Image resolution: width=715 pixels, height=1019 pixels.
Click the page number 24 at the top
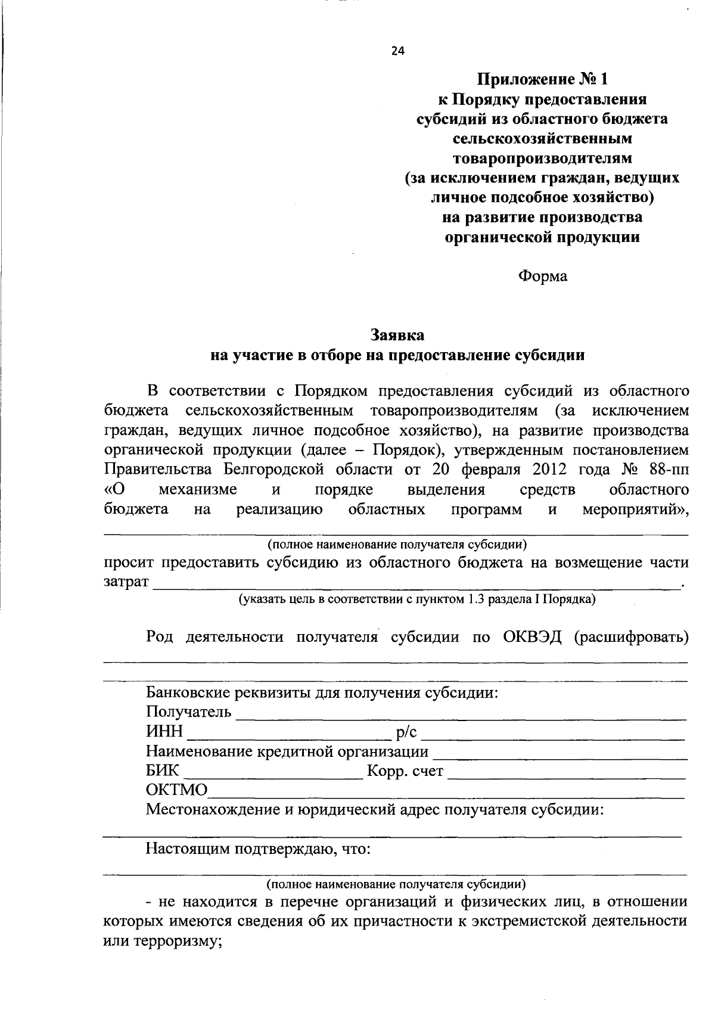point(397,51)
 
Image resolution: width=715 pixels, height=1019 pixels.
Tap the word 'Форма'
point(542,276)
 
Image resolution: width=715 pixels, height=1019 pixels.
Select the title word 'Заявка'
point(397,334)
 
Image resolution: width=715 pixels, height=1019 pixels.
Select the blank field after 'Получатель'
point(462,714)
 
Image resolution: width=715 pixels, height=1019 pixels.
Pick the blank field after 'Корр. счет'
point(566,772)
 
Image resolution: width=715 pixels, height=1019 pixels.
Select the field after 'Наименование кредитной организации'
point(560,753)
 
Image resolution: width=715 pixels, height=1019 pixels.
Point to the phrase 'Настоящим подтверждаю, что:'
point(259,849)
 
